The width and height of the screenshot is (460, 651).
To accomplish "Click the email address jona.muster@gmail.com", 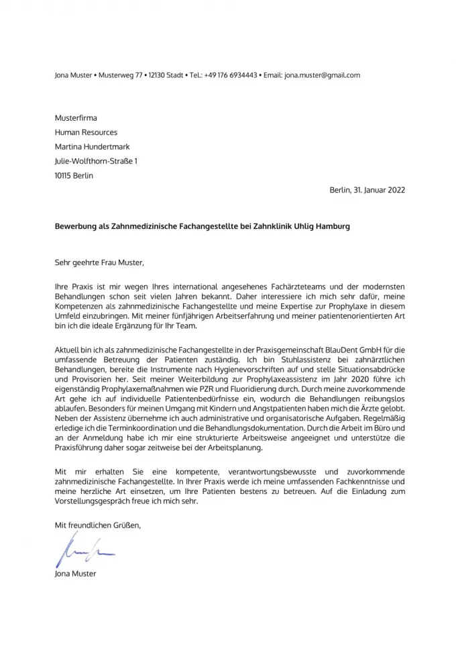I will (322, 75).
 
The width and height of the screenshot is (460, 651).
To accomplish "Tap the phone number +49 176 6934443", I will (231, 75).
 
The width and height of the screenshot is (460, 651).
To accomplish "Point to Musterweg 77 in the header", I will (120, 75).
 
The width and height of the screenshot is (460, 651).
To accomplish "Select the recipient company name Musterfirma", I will (75, 117).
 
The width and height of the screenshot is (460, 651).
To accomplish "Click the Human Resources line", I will (86, 132).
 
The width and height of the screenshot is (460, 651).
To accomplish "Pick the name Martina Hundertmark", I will (93, 146).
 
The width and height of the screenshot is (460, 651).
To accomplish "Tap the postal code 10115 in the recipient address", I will (64, 176).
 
